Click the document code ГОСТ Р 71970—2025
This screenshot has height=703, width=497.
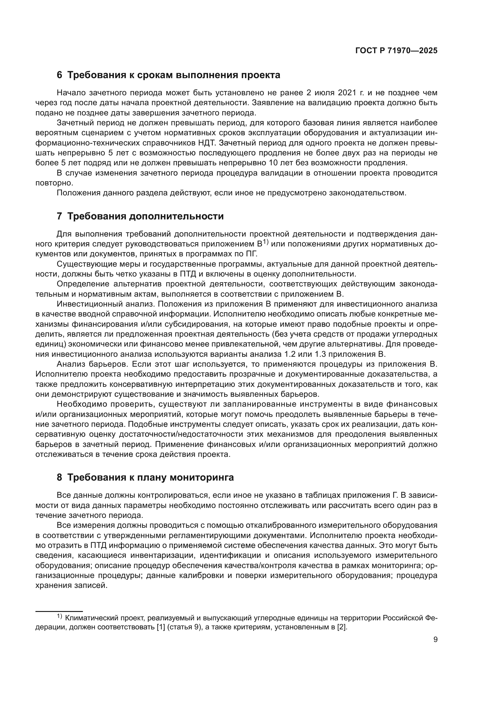(x=396, y=51)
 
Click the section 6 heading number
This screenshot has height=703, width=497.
(x=59, y=75)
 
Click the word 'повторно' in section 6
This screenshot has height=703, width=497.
(x=54, y=183)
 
